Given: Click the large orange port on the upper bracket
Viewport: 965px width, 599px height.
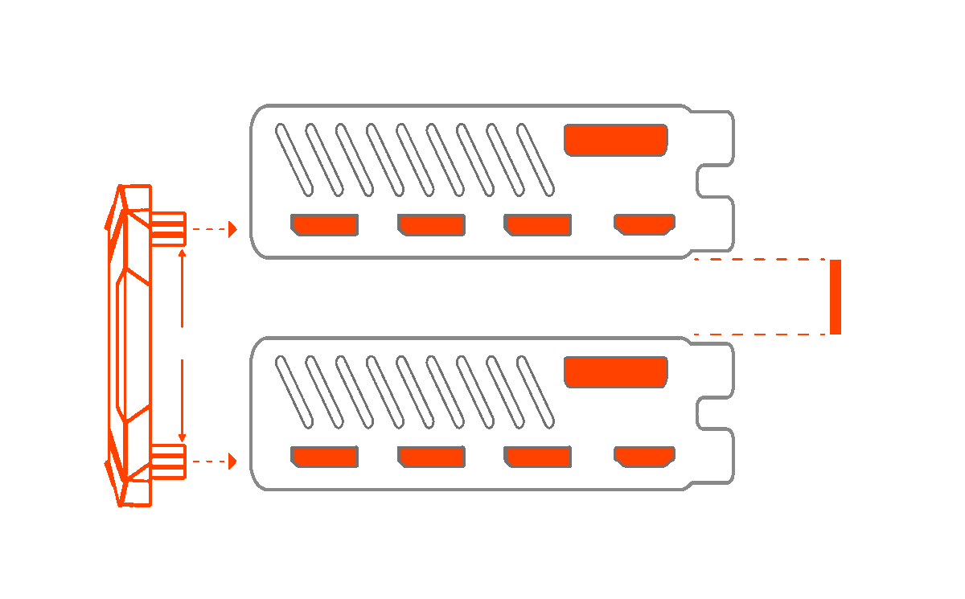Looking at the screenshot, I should tap(616, 140).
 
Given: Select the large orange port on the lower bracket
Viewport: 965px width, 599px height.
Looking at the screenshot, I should tap(616, 371).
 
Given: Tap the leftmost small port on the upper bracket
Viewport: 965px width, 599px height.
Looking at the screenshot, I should tap(325, 225).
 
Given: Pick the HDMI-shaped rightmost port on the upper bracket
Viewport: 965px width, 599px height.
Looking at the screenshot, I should tap(644, 224).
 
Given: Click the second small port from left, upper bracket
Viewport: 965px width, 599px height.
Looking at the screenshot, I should tap(432, 225).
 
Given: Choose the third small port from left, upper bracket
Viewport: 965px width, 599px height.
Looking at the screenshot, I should tap(538, 225).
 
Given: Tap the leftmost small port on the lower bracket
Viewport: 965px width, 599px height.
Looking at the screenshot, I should tap(325, 457).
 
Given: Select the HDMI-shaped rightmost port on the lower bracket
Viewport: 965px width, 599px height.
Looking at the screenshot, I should tap(644, 457).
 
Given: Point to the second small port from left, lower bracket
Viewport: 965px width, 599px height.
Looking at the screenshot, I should tap(432, 457).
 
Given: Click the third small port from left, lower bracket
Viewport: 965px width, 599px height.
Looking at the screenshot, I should tap(538, 457).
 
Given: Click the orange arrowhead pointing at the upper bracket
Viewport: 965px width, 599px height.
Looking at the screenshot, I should tap(232, 229).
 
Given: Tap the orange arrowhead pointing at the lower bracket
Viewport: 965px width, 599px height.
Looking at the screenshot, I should tap(232, 462).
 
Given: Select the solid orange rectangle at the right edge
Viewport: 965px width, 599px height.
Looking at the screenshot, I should tap(836, 297).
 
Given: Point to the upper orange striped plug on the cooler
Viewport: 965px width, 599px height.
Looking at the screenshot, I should tap(169, 228).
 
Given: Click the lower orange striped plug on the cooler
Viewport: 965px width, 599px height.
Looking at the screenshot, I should tap(169, 462).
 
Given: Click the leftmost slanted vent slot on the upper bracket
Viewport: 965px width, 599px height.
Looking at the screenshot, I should tap(294, 158).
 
